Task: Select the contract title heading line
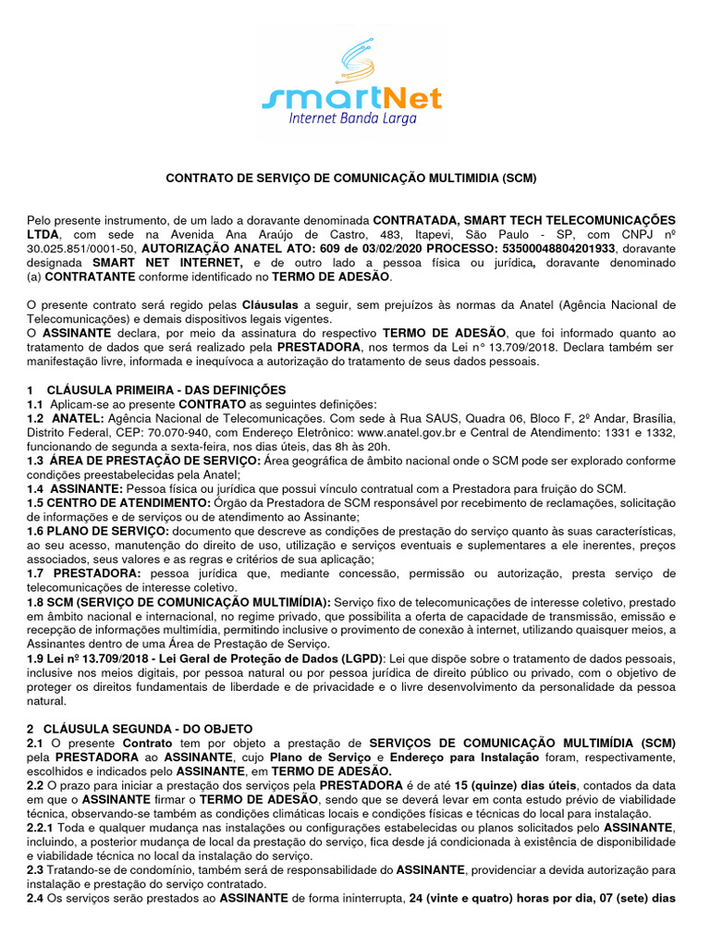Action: click(350, 178)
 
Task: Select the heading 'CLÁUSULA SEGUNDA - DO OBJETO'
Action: click(147, 729)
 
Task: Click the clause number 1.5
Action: click(36, 502)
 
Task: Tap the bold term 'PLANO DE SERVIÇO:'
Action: click(109, 533)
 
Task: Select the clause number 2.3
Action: click(35, 870)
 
